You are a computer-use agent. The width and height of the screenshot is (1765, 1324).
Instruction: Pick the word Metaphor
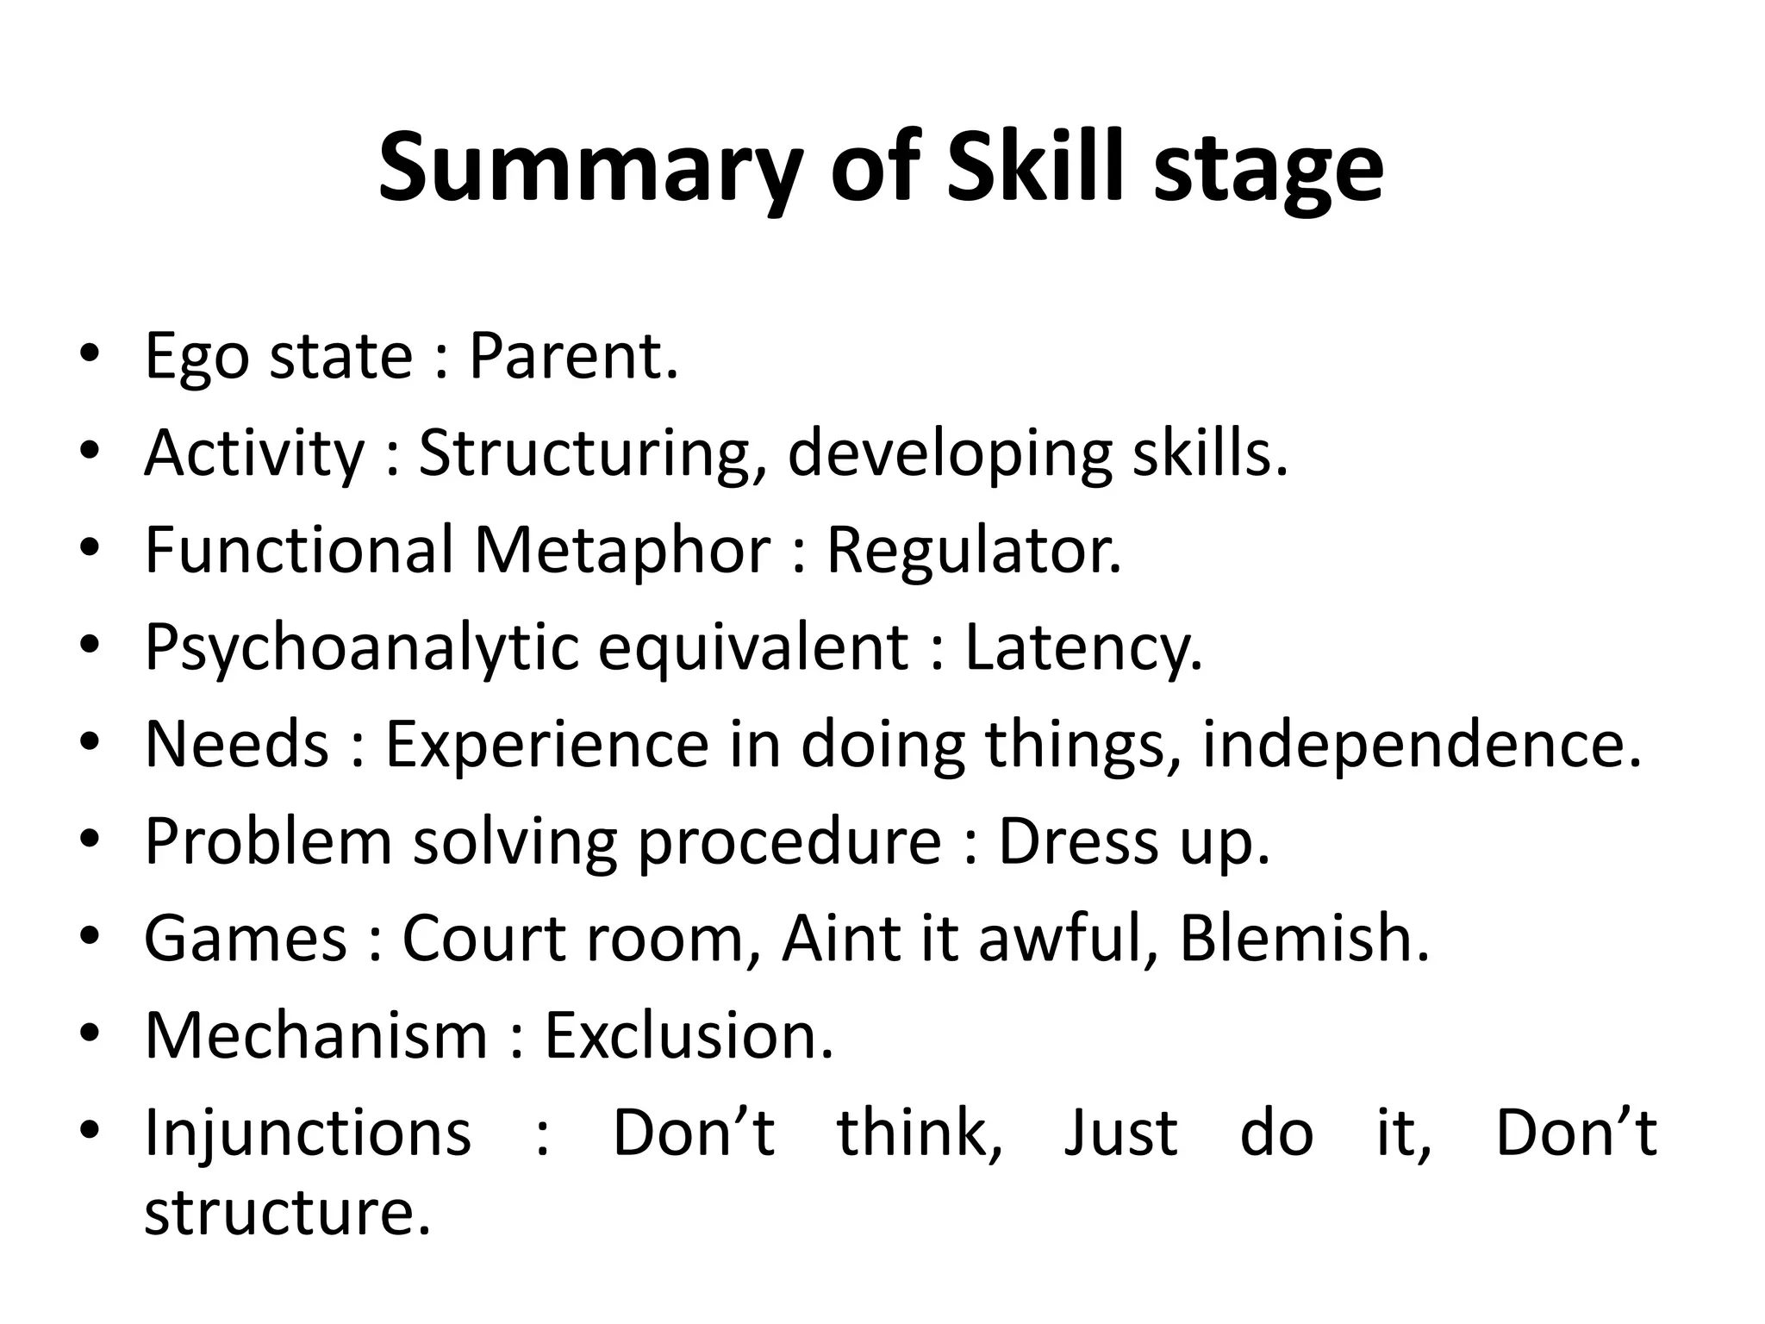tap(621, 550)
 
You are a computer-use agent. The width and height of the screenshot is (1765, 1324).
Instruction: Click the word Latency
tap(1082, 648)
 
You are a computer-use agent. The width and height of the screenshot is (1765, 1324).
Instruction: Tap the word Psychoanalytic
tap(361, 648)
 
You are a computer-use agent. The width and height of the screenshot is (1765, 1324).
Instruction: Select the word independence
tap(1421, 744)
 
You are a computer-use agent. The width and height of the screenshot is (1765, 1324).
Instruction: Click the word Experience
tap(546, 744)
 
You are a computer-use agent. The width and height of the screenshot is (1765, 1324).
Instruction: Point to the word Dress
tap(1078, 841)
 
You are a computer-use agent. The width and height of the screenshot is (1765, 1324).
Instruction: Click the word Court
tap(483, 938)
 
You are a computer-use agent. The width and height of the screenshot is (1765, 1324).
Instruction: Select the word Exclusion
tap(688, 1034)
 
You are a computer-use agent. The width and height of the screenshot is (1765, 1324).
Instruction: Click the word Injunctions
tap(308, 1133)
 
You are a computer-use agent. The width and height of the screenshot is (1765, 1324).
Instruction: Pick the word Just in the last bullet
tap(1120, 1133)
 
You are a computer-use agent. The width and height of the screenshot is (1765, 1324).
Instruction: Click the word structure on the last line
tap(285, 1212)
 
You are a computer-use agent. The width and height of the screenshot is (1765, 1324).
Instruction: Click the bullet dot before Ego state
tap(89, 357)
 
